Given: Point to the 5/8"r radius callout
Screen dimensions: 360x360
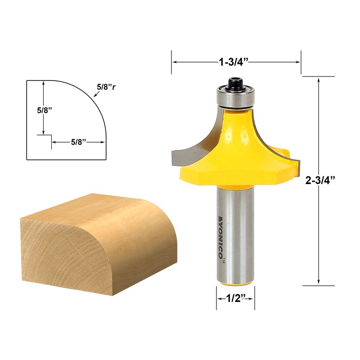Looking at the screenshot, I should [x=106, y=86].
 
